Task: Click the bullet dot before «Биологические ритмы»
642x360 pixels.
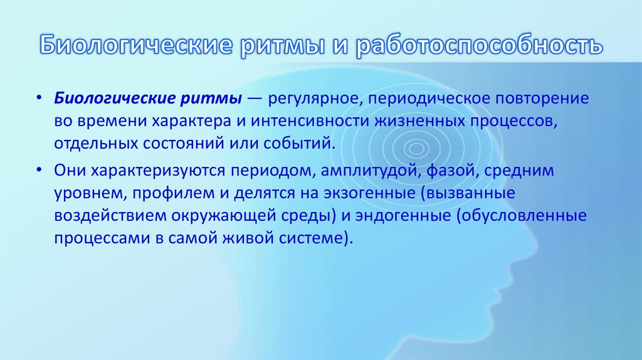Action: tap(39, 99)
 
